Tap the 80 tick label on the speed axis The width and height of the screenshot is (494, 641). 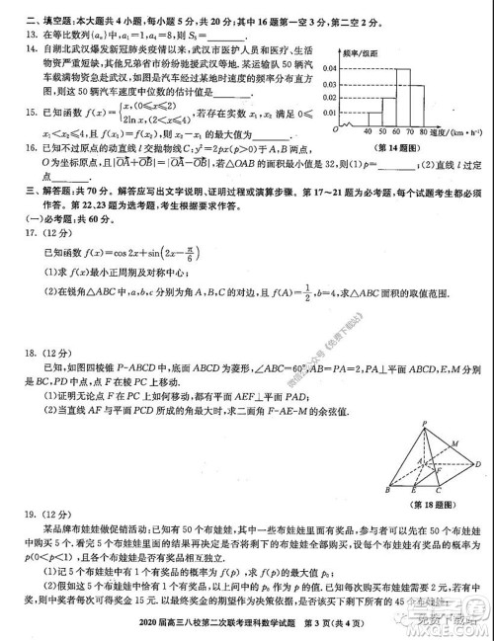[x=422, y=130]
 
